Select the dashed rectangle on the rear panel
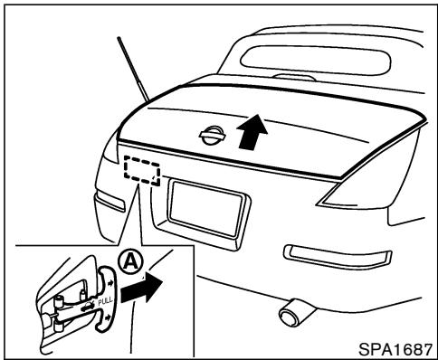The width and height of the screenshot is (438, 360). tap(141, 169)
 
